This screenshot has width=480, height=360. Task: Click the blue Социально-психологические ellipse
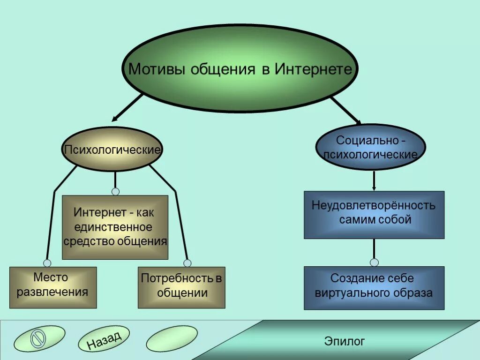coord(371,147)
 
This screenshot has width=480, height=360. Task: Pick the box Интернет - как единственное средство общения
coord(115,227)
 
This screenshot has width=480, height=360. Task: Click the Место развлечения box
coord(53,287)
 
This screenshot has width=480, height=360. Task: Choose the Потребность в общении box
coord(181,287)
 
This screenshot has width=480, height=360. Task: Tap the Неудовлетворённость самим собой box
coord(374,215)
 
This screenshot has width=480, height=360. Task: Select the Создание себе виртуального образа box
coord(374,288)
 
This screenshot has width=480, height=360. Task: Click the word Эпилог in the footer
coord(345,341)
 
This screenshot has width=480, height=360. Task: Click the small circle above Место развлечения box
coord(47,263)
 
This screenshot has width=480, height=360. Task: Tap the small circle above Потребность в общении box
coord(187,263)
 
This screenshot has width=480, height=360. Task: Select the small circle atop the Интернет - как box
coord(115,191)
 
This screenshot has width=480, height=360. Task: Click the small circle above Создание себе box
coord(374,262)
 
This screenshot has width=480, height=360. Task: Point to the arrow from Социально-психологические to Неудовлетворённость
coord(374,180)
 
